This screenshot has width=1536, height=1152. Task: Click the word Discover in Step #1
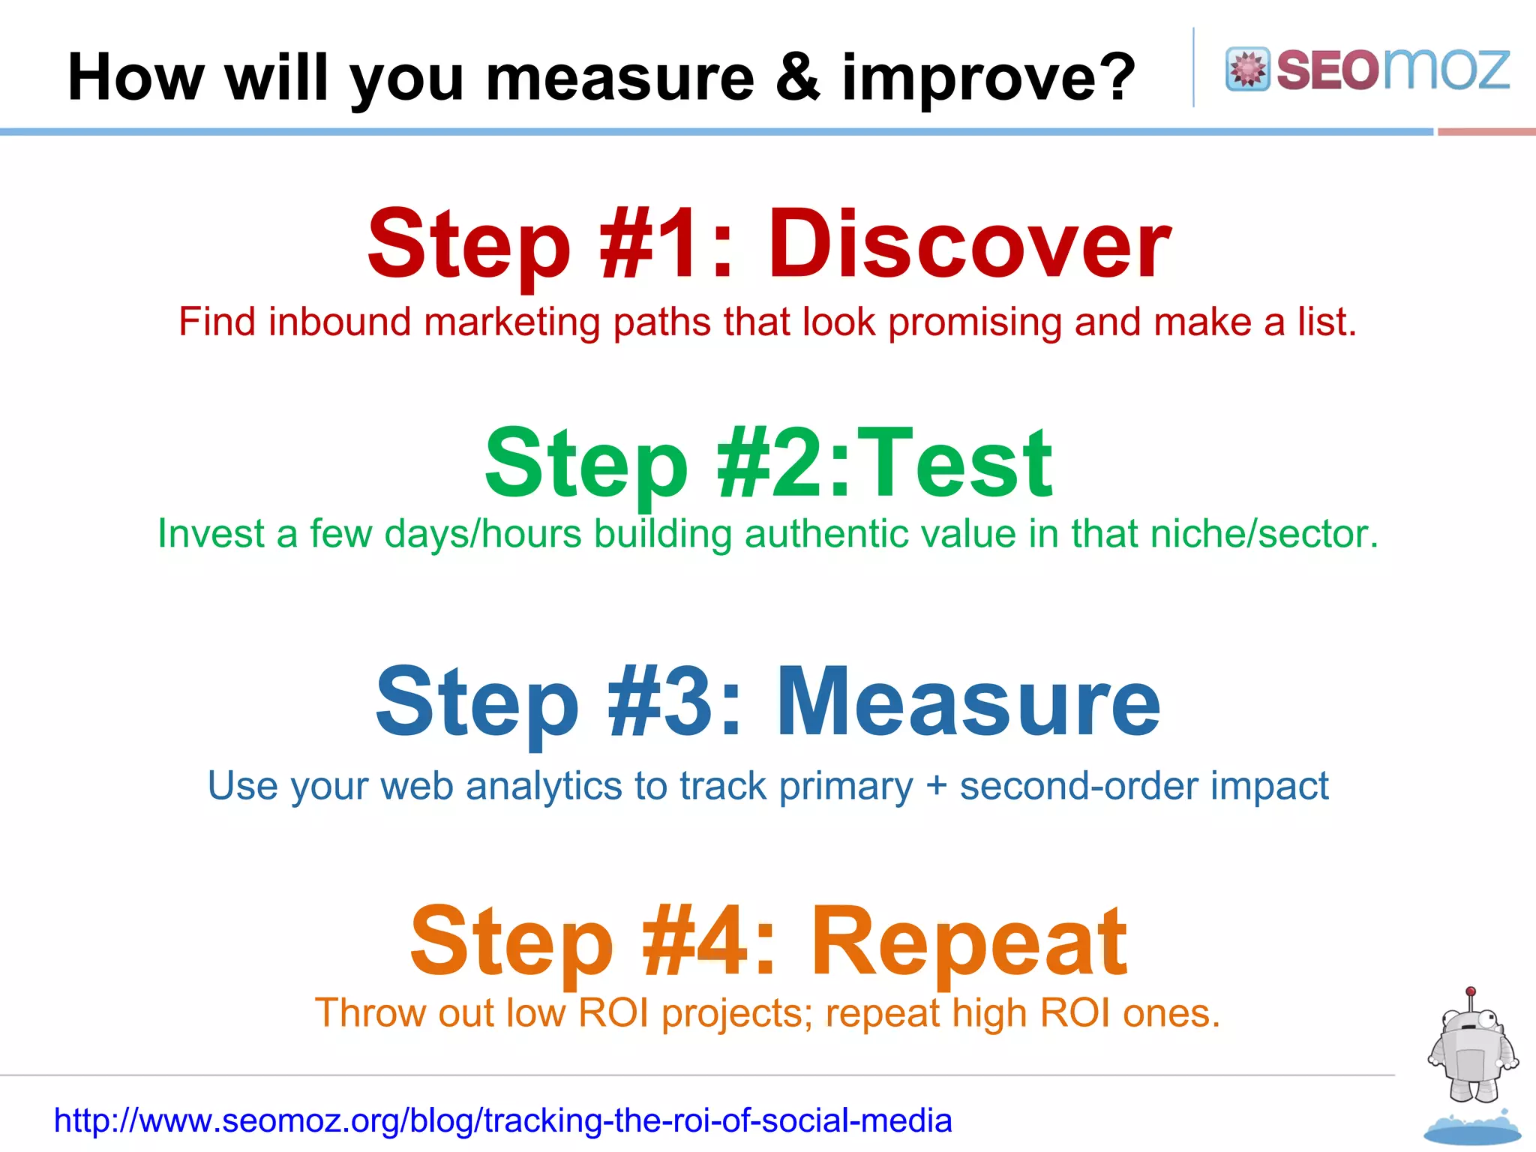(968, 244)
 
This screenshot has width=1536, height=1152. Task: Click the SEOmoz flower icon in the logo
(1247, 69)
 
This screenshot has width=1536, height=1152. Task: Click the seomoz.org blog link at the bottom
(502, 1120)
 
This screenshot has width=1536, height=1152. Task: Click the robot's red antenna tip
(1471, 991)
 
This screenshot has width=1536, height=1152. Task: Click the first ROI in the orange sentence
(613, 1013)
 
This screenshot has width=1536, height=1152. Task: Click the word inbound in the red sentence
(339, 322)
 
